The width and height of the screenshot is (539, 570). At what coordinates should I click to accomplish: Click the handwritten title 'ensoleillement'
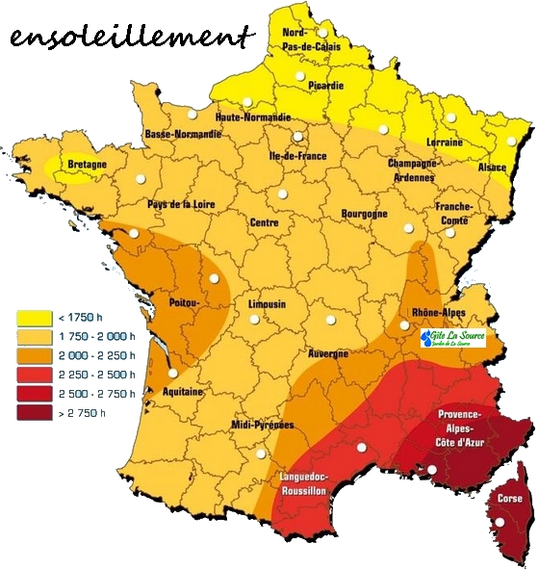132,39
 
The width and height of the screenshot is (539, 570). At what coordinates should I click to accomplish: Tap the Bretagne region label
87,165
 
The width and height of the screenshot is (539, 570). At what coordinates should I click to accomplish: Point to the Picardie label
325,85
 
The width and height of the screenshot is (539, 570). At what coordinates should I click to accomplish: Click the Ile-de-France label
297,155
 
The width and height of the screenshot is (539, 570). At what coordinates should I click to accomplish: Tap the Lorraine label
444,142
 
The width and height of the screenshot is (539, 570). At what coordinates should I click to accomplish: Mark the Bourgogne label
365,213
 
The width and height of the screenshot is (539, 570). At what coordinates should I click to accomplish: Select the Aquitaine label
183,392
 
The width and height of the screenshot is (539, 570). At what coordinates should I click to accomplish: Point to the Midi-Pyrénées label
263,425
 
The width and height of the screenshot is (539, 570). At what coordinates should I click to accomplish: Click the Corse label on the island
509,498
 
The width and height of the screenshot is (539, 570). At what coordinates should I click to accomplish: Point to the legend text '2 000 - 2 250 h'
96,354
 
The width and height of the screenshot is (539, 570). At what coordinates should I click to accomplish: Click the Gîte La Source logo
452,338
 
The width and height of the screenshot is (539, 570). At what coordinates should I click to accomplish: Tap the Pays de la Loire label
180,204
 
